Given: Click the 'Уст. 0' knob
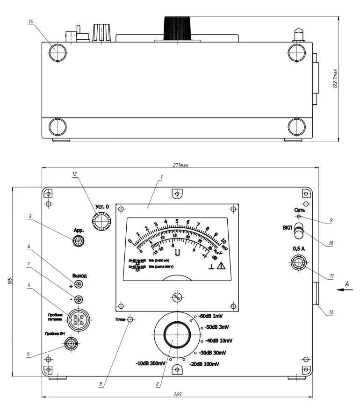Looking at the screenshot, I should [101, 221].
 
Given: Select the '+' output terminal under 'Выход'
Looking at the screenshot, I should [79, 285].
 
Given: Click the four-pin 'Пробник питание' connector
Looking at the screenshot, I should [78, 320].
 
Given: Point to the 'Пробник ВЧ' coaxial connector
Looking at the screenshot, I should [72, 344].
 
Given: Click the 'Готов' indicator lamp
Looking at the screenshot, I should [130, 319].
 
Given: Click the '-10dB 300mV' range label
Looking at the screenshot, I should [151, 363].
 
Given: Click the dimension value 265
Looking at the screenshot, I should [177, 395].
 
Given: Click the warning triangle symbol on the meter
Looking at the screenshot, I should [220, 266].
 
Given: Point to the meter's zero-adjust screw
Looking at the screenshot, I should [177, 297].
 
